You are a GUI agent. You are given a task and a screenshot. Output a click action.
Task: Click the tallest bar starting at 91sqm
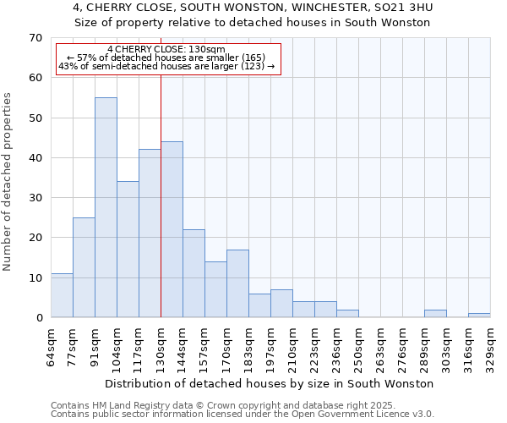pyautogui.click(x=106, y=207)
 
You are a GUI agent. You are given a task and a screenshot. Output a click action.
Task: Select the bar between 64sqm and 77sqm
pyautogui.click(x=62, y=295)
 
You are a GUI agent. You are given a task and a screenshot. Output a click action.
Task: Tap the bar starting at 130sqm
pyautogui.click(x=172, y=229)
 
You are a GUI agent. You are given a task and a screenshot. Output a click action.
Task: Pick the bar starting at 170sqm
pyautogui.click(x=237, y=283)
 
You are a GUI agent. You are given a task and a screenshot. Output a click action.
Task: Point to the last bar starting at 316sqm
pyautogui.click(x=479, y=315)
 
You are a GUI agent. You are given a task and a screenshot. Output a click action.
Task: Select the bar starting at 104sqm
pyautogui.click(x=128, y=250)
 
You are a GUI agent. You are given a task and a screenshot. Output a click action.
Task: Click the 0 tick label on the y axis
pyautogui.click(x=38, y=318)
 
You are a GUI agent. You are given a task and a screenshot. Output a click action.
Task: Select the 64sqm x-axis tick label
pyautogui.click(x=52, y=344)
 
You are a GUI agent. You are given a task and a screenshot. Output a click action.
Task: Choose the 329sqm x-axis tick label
pyautogui.click(x=491, y=344)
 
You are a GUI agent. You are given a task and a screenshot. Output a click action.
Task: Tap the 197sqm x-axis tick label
pyautogui.click(x=271, y=344)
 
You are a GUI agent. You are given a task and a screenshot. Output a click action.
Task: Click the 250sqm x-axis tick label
pyautogui.click(x=359, y=344)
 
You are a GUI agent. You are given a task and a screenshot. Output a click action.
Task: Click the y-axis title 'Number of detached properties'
pyautogui.click(x=8, y=181)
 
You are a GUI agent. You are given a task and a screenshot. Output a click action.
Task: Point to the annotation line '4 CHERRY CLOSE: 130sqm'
pyautogui.click(x=166, y=50)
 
